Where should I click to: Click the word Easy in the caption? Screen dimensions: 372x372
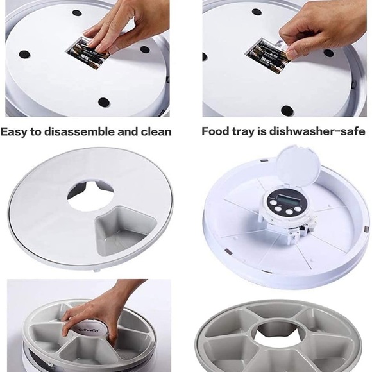tap(13, 132)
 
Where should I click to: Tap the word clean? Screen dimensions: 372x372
tap(156, 131)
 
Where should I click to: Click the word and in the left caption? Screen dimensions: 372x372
tap(128, 131)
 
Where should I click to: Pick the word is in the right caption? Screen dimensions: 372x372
tap(262, 131)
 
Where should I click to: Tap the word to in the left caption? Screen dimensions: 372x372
tap(36, 132)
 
